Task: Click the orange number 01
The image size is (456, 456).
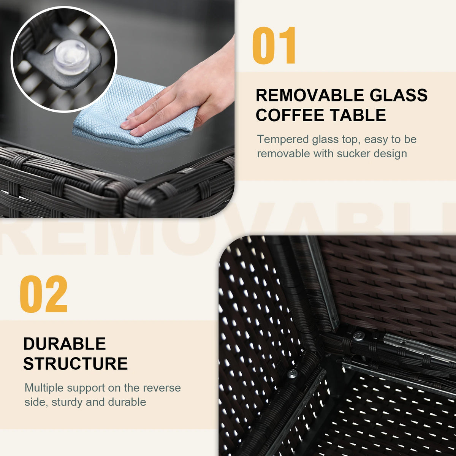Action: point(274,45)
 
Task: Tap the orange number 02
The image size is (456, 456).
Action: point(44,294)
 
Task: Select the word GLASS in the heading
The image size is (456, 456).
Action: point(399,95)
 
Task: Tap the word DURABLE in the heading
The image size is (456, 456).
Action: point(64,344)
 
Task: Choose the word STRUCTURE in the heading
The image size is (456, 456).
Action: point(76,364)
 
